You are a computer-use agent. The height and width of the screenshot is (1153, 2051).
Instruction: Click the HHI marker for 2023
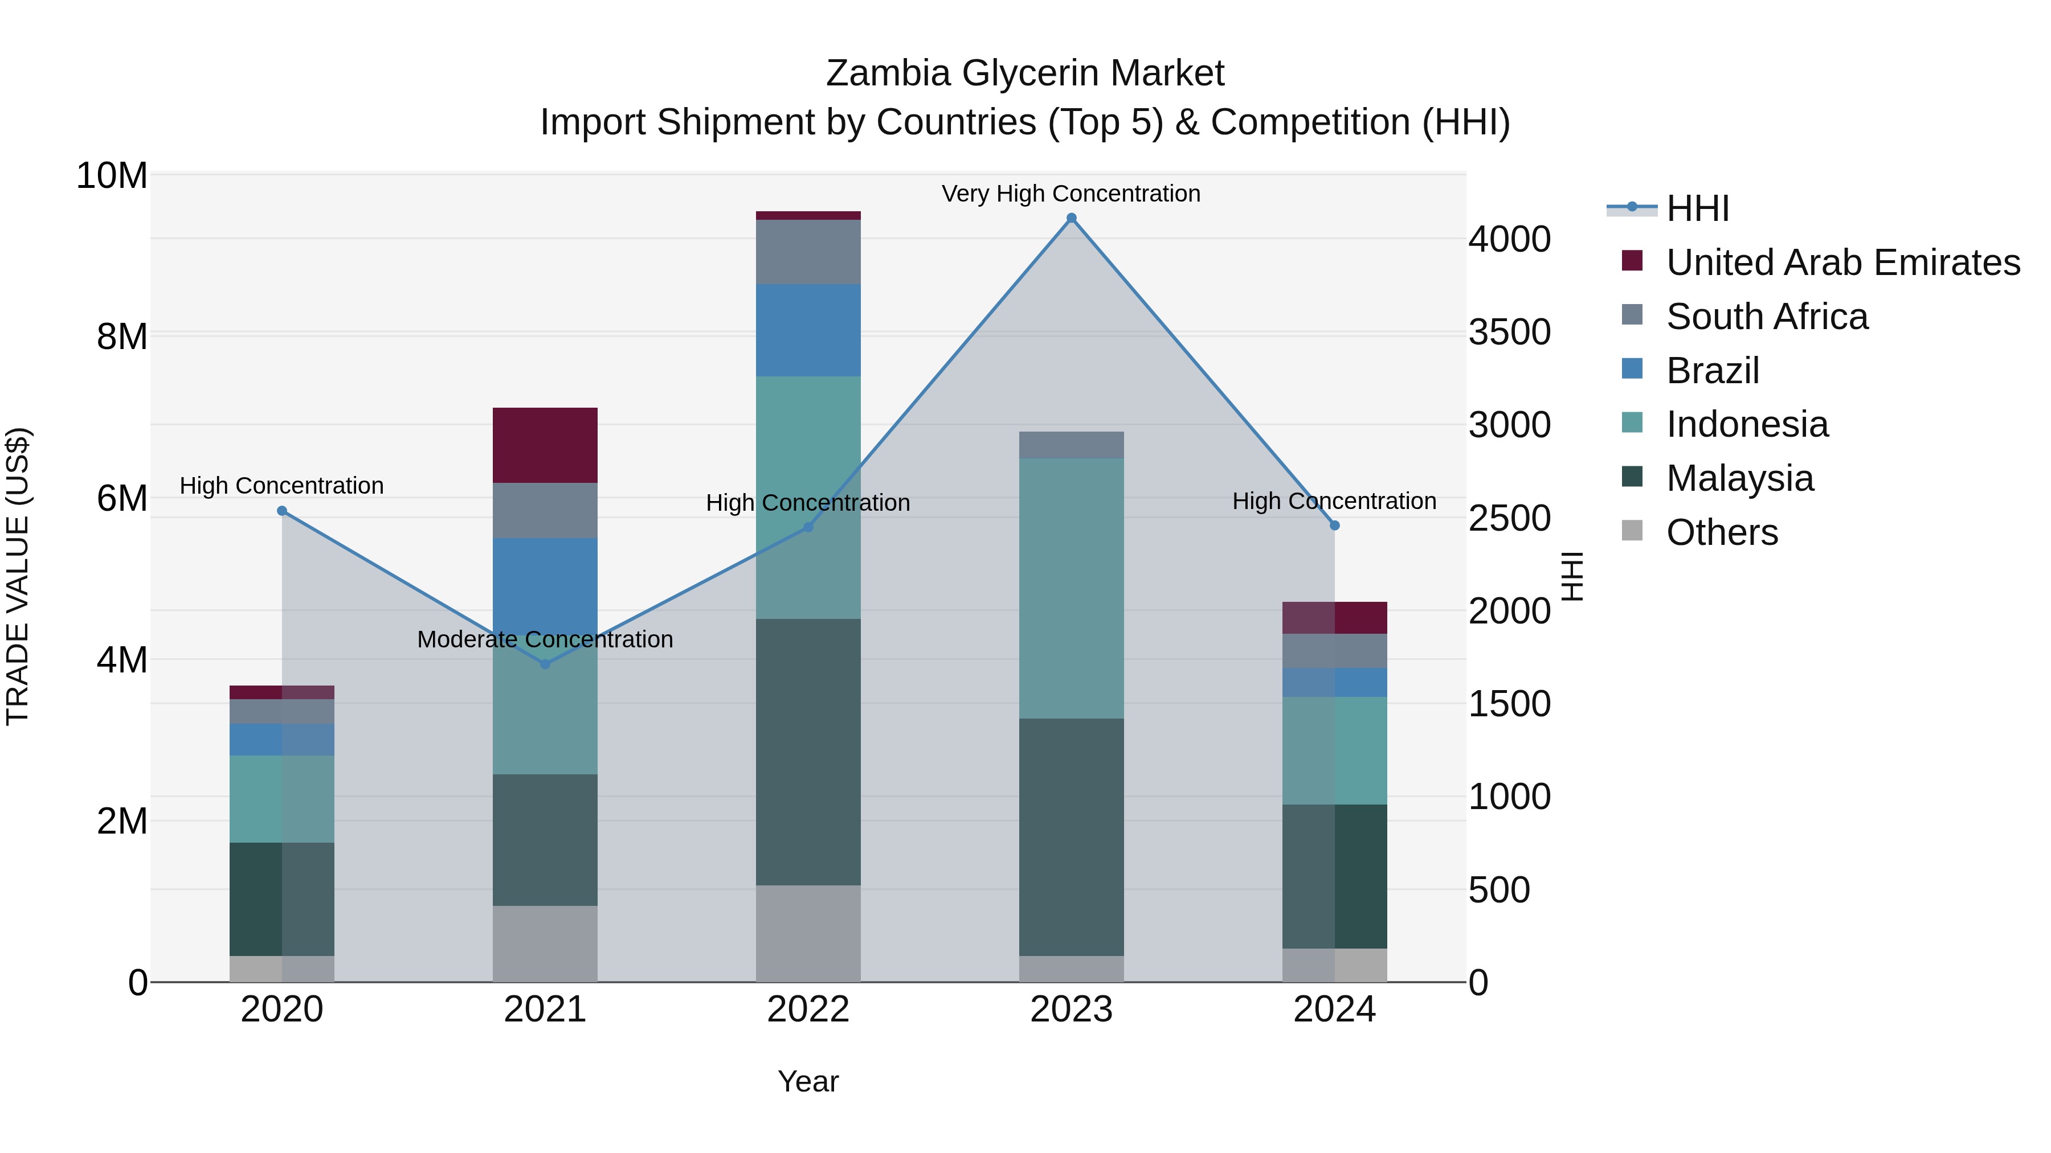pyautogui.click(x=1071, y=218)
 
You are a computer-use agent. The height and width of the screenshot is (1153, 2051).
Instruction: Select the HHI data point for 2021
pyautogui.click(x=545, y=664)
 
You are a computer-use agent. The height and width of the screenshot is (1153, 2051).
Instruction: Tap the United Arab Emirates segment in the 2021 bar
pyautogui.click(x=545, y=445)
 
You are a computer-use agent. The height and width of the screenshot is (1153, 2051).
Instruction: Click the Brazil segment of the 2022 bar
pyautogui.click(x=808, y=330)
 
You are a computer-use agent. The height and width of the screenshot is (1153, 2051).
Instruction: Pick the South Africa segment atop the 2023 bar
pyautogui.click(x=1071, y=445)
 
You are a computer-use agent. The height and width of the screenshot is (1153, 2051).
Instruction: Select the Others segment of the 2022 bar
pyautogui.click(x=808, y=933)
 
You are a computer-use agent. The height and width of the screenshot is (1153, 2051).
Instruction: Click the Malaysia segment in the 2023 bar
pyautogui.click(x=1071, y=837)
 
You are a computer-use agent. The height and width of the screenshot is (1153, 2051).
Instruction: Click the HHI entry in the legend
pyautogui.click(x=1697, y=208)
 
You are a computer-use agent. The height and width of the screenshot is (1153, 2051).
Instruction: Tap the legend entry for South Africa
pyautogui.click(x=1767, y=317)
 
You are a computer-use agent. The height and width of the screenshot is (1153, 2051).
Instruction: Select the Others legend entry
pyautogui.click(x=1721, y=532)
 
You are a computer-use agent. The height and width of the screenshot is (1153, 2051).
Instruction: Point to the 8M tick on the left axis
pyautogui.click(x=122, y=337)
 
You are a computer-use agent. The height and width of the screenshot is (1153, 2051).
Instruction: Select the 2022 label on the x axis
pyautogui.click(x=808, y=1010)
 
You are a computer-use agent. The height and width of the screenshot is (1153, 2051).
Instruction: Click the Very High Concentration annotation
pyautogui.click(x=1071, y=194)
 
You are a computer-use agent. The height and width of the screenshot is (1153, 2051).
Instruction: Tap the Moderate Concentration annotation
pyautogui.click(x=545, y=639)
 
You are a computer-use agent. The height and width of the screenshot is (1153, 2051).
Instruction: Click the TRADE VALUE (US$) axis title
pyautogui.click(x=18, y=576)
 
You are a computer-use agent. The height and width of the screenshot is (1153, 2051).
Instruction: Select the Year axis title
pyautogui.click(x=808, y=1081)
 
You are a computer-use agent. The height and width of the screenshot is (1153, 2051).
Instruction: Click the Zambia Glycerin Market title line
pyautogui.click(x=1025, y=73)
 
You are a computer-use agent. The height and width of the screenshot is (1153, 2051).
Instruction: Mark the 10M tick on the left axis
pyautogui.click(x=112, y=175)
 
